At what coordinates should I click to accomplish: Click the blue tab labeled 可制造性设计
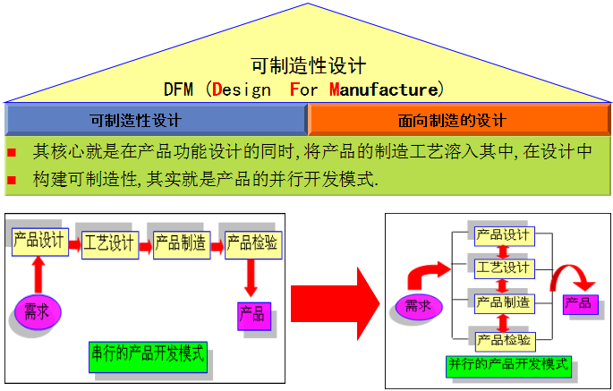click(x=156, y=120)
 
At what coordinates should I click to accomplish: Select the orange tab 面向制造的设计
click(x=458, y=120)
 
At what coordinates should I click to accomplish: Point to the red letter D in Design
click(x=217, y=89)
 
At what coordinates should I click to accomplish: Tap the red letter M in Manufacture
click(x=335, y=89)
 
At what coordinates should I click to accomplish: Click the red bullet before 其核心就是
click(x=12, y=152)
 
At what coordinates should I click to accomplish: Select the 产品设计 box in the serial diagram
click(x=37, y=239)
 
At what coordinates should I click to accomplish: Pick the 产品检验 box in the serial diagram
click(x=251, y=242)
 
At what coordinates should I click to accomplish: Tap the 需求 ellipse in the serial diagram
click(x=37, y=312)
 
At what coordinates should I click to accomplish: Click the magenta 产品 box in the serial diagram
click(x=251, y=313)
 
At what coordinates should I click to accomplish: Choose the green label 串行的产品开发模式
click(x=147, y=354)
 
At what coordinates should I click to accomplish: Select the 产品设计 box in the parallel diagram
click(x=503, y=235)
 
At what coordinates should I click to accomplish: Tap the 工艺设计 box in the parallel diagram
click(x=503, y=268)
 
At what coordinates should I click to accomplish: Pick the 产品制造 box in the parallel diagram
click(x=503, y=302)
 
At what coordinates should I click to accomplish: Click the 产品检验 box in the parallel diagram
click(x=503, y=339)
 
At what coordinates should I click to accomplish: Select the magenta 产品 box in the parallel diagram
click(x=577, y=303)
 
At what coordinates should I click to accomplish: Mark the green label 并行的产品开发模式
click(x=508, y=365)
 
